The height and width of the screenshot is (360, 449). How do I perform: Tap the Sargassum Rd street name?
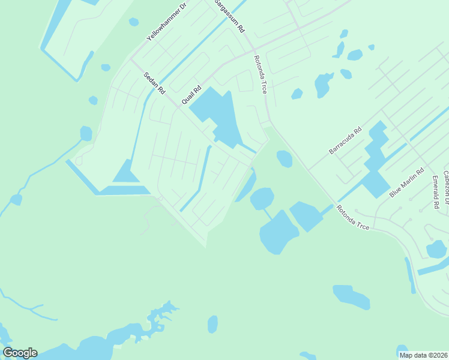click(x=230, y=16)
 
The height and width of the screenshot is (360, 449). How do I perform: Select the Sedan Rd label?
click(x=154, y=84)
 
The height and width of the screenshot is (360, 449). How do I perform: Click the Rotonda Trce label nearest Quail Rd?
click(x=259, y=74)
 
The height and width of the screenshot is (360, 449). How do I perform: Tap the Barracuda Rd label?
click(x=345, y=140)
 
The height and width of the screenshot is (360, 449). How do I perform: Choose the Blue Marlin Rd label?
click(x=407, y=182)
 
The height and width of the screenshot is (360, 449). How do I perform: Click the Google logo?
click(x=20, y=353)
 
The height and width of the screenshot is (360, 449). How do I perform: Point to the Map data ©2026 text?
click(x=423, y=355)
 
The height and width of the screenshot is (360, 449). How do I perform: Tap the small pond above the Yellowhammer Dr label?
click(x=133, y=22)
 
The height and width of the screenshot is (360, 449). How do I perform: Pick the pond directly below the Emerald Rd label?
click(x=436, y=248)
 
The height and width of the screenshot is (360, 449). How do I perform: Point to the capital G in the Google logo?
click(x=8, y=353)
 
